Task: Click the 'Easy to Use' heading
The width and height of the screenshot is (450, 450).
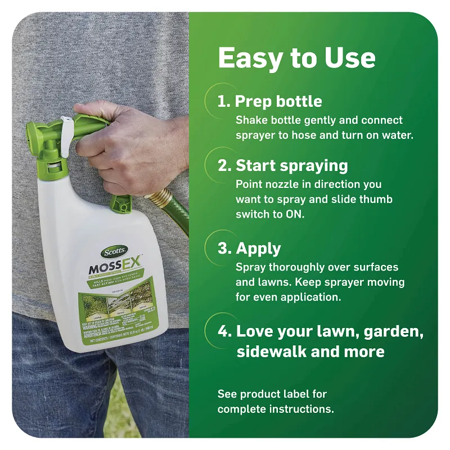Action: click(x=296, y=58)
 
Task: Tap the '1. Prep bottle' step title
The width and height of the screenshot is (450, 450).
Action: click(x=270, y=101)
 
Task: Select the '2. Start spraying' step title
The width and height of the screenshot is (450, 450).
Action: click(x=283, y=165)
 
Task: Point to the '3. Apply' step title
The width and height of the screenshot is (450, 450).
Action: click(x=250, y=249)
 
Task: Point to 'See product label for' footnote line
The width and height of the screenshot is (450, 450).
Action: click(x=272, y=394)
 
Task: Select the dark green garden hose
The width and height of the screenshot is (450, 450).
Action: click(x=179, y=219)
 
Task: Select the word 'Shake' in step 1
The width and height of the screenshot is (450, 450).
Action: click(x=250, y=120)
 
